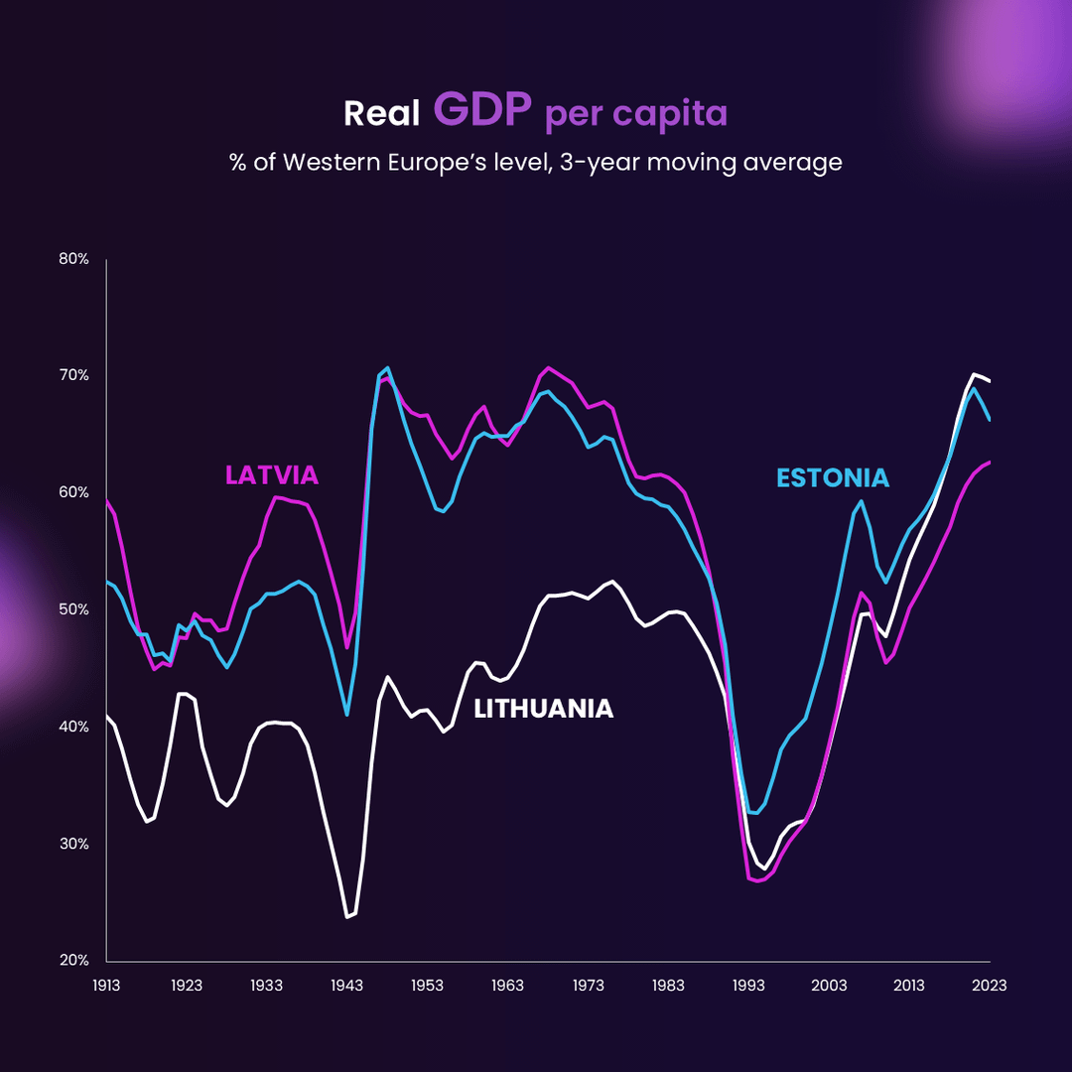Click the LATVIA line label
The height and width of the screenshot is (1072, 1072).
[x=272, y=475]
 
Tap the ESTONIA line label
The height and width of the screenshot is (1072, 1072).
[x=832, y=478]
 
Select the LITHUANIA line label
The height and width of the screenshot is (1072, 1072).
[x=543, y=709]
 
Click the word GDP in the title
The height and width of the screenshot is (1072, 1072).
[x=483, y=111]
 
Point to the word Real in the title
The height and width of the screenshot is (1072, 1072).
[x=381, y=114]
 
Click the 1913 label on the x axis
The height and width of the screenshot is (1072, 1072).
[x=106, y=986]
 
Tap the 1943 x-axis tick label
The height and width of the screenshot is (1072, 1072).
[x=346, y=986]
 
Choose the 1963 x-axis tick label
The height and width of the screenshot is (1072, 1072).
[x=507, y=986]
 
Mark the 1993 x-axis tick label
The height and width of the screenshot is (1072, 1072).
[x=748, y=986]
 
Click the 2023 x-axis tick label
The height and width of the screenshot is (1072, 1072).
[x=989, y=986]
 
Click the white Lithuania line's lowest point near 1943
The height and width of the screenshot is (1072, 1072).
[x=347, y=917]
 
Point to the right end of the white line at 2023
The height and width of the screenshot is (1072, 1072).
[x=990, y=381]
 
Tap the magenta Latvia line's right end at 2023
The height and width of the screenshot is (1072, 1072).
[x=990, y=462]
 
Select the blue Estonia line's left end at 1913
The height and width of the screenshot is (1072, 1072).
[x=106, y=582]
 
